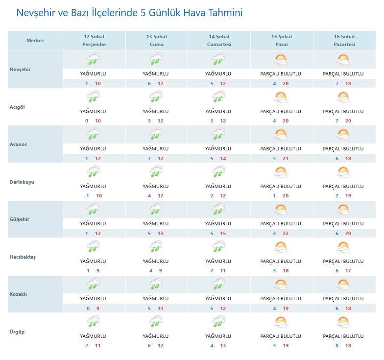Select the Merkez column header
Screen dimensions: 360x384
[x=35, y=41]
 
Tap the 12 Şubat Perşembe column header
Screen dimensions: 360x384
[x=94, y=41]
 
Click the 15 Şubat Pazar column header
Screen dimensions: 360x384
[x=282, y=41]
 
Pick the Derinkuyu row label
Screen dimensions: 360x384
[x=23, y=182]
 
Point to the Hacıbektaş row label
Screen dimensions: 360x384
[x=24, y=257]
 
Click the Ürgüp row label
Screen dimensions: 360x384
[x=17, y=332]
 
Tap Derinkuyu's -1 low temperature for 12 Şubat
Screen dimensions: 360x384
[x=86, y=195]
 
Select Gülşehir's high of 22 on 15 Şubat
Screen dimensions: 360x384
[x=288, y=233]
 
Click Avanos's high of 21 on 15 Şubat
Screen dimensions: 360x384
[x=288, y=158]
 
